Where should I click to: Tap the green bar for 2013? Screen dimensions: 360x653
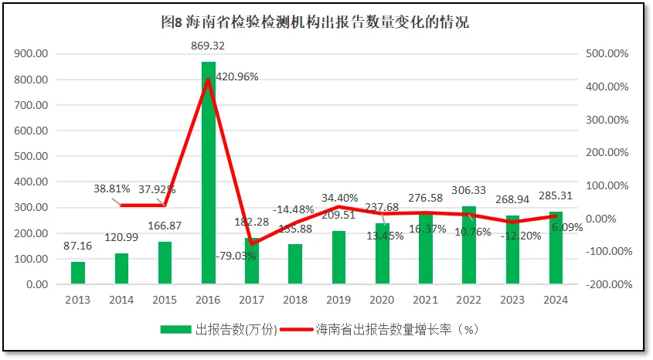pos(78,273)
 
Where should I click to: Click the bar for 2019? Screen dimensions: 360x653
pos(338,257)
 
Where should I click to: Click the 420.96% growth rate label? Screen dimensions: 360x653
pos(237,76)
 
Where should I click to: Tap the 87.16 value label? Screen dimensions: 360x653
pos(78,246)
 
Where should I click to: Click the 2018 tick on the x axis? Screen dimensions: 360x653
pos(295,298)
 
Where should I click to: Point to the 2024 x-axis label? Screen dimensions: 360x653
pos(556,298)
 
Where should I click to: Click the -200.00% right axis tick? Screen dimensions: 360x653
pos(610,284)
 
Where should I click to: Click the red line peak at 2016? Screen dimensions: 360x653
pos(209,80)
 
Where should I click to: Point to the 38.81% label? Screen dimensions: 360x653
pos(113,188)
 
